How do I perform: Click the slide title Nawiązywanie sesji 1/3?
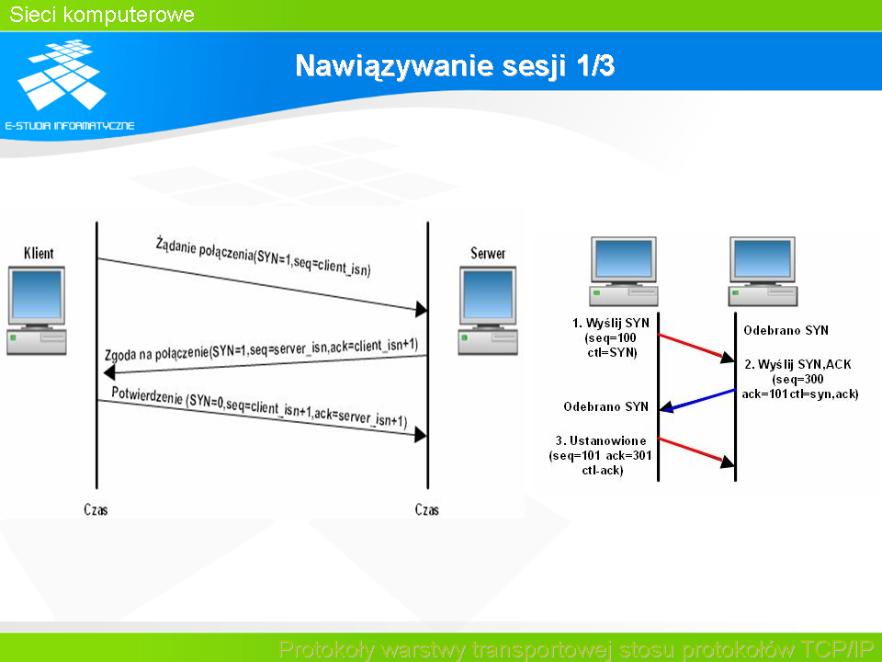tap(455, 66)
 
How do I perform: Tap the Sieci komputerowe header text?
tap(102, 15)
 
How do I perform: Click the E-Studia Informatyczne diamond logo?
tap(62, 74)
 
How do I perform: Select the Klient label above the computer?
tap(39, 254)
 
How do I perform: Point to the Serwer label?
tap(488, 254)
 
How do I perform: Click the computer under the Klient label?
tap(37, 311)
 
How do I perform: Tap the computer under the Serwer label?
tap(488, 311)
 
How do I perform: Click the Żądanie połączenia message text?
tap(263, 257)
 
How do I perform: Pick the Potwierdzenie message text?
tap(259, 406)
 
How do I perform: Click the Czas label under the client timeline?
tap(96, 509)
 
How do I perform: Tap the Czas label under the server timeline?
tap(426, 509)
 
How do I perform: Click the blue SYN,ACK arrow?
tap(697, 399)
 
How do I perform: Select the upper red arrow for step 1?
tap(696, 347)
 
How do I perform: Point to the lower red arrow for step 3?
tap(696, 451)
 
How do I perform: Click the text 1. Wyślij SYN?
tap(611, 323)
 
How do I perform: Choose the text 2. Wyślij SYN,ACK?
tap(797, 364)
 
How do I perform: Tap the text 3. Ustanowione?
tap(601, 440)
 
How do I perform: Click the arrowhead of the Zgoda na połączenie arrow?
tap(109, 372)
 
